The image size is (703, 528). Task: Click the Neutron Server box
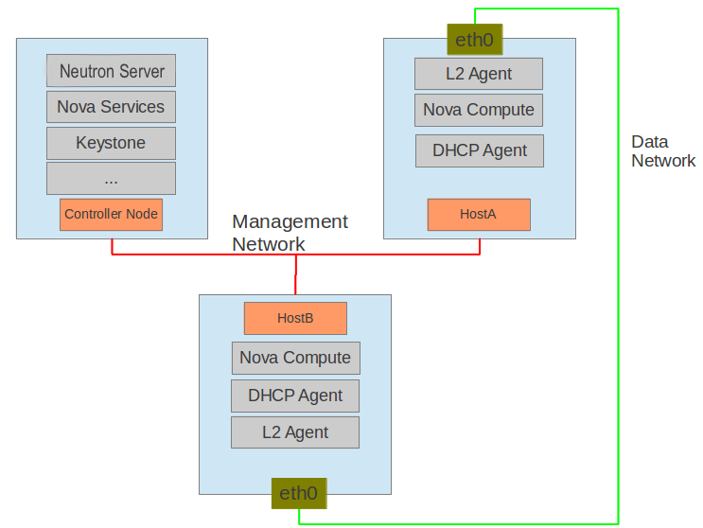[x=111, y=71]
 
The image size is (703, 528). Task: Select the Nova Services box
[x=111, y=107]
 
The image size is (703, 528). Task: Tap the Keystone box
[x=111, y=143]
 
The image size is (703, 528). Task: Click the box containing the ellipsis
[x=111, y=178]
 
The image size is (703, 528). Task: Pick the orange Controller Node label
[x=111, y=215]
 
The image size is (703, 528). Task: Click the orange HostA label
[x=478, y=215]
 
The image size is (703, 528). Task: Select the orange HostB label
[x=295, y=318]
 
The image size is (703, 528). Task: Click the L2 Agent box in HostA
[x=478, y=74]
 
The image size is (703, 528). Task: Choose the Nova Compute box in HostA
[x=478, y=110]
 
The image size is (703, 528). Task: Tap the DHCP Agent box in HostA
[x=479, y=150]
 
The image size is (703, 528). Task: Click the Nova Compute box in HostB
[x=295, y=358]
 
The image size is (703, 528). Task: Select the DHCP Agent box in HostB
[x=295, y=396]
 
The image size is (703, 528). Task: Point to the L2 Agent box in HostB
[x=295, y=432]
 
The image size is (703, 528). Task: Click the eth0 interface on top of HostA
[x=474, y=40]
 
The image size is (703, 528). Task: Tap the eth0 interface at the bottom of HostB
[x=298, y=493]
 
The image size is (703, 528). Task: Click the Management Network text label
[x=290, y=233]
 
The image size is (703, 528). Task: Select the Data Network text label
[x=662, y=151]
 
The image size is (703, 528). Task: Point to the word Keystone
[x=111, y=144]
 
